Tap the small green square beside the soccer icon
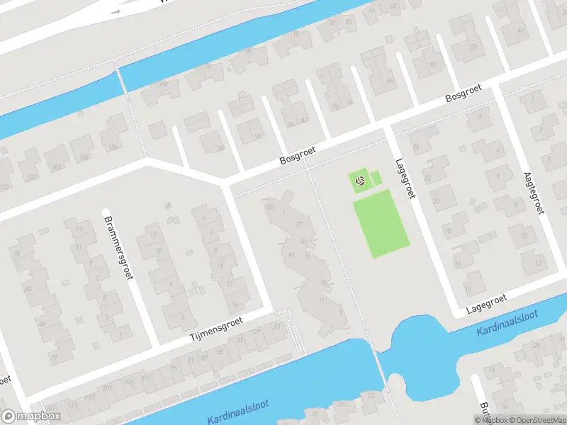(376, 178)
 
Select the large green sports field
(381, 223)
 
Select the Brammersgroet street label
(118, 245)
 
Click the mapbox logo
(30, 416)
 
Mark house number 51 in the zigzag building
(291, 256)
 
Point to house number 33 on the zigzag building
(269, 206)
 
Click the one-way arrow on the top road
(116, 13)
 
